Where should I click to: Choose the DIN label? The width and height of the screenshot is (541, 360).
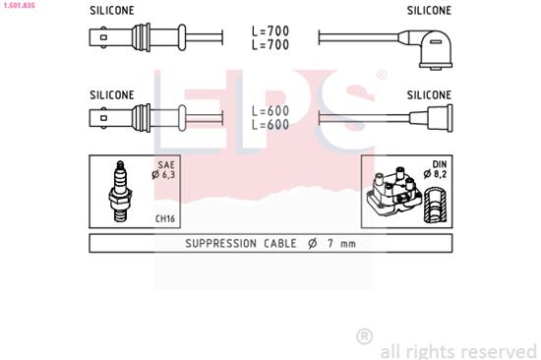click(x=439, y=165)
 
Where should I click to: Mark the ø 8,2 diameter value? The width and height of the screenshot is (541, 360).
click(x=438, y=175)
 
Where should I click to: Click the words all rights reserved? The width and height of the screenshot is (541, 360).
click(x=457, y=350)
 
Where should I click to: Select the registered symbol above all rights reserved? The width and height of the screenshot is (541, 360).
click(x=364, y=337)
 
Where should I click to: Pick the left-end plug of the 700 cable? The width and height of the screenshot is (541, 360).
click(x=108, y=40)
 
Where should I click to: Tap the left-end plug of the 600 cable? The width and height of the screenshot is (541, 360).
click(x=108, y=120)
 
